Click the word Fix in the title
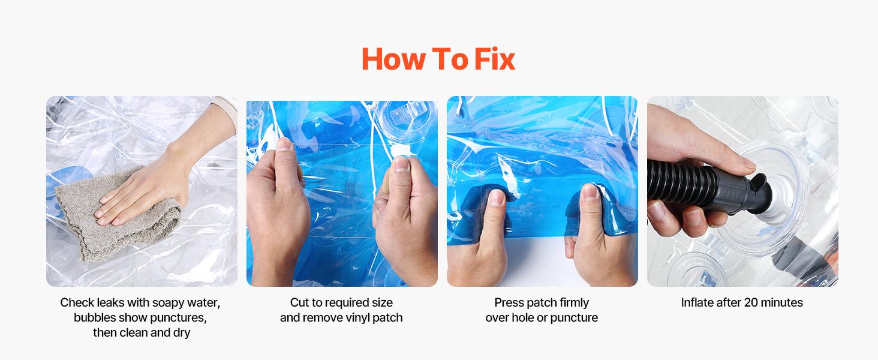coord(495,59)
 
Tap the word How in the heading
coord(393,59)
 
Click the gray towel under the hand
coord(118,220)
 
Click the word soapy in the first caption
coord(169,303)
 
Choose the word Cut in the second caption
coord(300,302)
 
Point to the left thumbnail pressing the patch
coord(497,198)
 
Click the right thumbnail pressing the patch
coord(590,192)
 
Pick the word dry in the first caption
coord(182,332)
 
